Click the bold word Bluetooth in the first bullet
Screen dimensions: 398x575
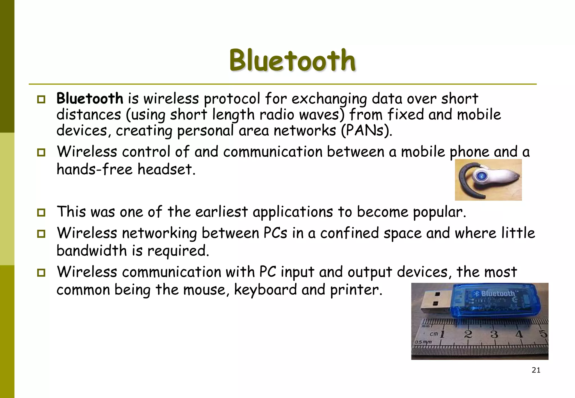(90, 99)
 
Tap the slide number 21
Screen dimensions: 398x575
(536, 370)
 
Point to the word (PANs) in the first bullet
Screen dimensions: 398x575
(366, 131)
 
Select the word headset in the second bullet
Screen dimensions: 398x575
(166, 169)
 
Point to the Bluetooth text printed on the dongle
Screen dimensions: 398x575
(498, 294)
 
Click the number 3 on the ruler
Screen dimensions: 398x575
(494, 334)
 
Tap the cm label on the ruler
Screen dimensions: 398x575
(434, 334)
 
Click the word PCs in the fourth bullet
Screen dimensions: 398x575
(275, 233)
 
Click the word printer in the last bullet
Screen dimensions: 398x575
(356, 290)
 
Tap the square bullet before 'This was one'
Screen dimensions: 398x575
(41, 212)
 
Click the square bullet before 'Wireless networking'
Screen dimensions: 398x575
(41, 234)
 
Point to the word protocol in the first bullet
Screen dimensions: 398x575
(232, 99)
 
